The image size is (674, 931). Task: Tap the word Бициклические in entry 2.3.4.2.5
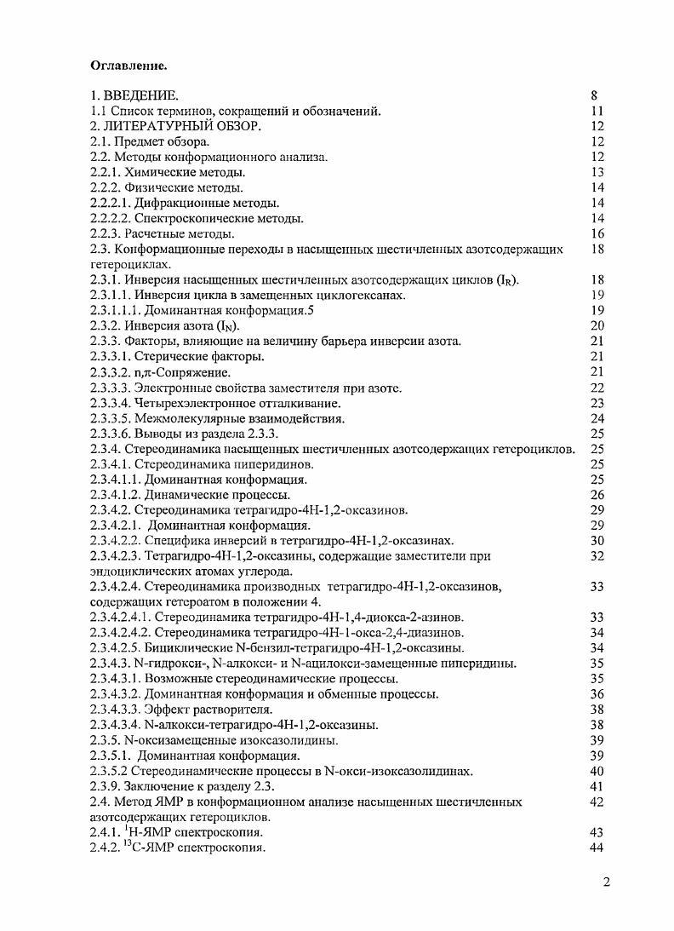coord(186,647)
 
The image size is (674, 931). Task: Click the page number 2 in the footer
coord(606,882)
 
